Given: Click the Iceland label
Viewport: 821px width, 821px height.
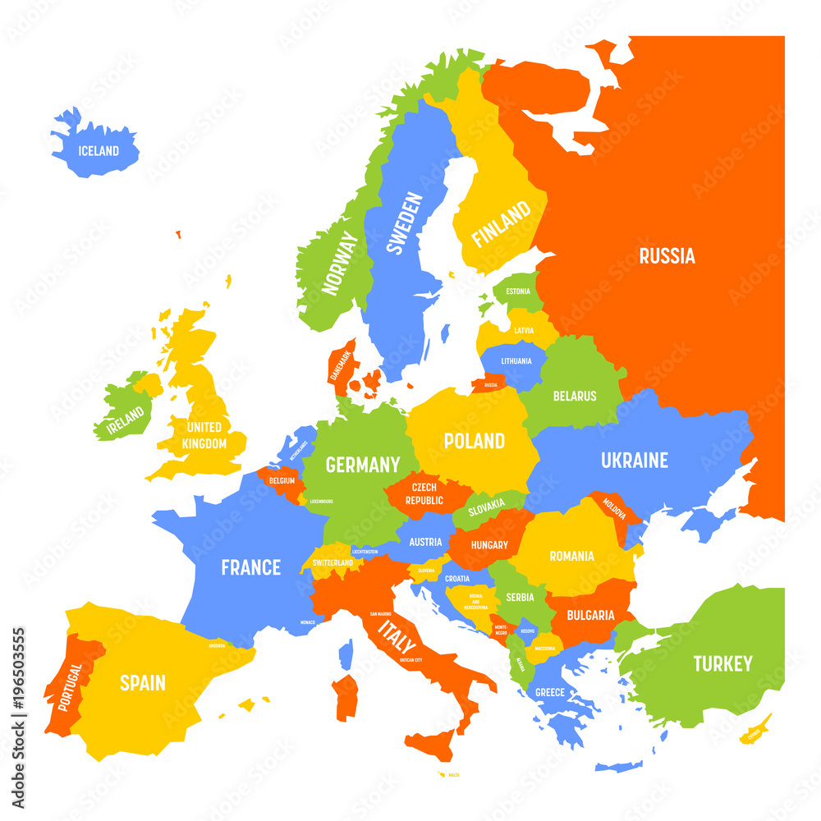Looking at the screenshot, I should click(x=99, y=151).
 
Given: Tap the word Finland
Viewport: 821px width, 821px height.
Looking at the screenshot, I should click(x=500, y=225).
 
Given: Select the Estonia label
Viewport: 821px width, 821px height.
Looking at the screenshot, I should click(x=518, y=291).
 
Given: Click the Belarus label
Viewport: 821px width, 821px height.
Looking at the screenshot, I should click(x=575, y=396).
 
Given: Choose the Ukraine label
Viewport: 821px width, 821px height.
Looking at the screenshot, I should click(x=634, y=461).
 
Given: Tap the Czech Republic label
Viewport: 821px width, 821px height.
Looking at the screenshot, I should click(x=424, y=494).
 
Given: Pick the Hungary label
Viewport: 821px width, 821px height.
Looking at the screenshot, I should click(x=489, y=544).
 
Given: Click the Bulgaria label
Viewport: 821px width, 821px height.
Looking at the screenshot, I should click(x=590, y=615).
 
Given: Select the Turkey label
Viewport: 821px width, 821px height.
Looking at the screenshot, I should click(x=722, y=663).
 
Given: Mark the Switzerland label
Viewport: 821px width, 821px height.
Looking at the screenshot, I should click(x=333, y=563).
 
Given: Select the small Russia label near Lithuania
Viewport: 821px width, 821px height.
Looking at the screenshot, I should click(x=491, y=385).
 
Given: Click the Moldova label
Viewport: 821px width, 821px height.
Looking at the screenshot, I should click(x=614, y=510).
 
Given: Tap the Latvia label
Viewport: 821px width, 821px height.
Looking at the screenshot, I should click(x=524, y=331).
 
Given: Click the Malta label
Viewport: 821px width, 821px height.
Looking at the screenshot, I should click(x=454, y=775).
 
